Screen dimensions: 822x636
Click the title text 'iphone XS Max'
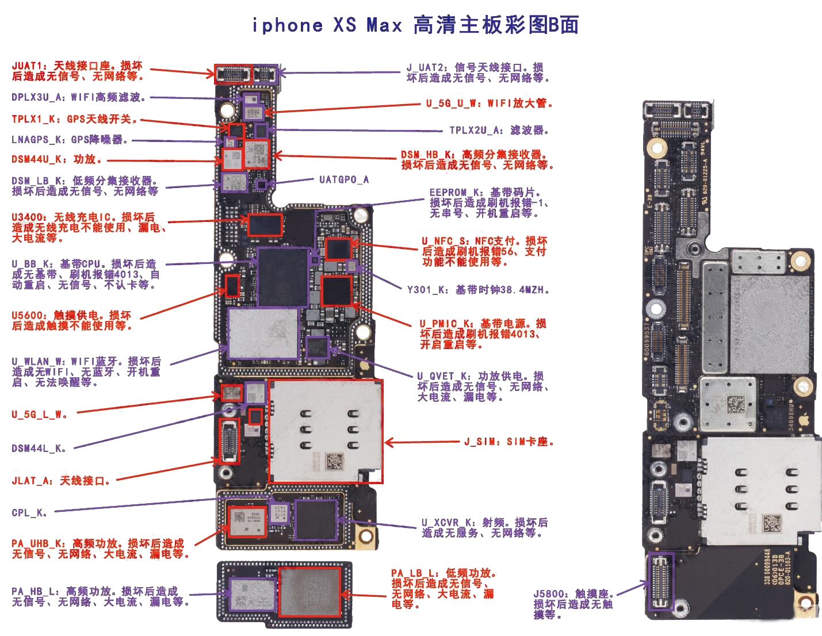tap(327, 25)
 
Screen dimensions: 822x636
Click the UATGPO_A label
tap(344, 179)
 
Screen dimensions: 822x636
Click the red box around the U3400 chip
tap(265, 225)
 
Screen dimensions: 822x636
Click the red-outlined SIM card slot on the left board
tap(326, 431)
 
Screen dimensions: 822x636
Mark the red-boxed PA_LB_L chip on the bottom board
tap(310, 592)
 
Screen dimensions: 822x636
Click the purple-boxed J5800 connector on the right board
tap(661, 581)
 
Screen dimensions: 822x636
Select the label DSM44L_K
tap(39, 449)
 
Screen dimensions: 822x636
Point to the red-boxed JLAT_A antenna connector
tap(230, 441)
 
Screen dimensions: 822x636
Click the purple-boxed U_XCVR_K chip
tap(316, 520)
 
